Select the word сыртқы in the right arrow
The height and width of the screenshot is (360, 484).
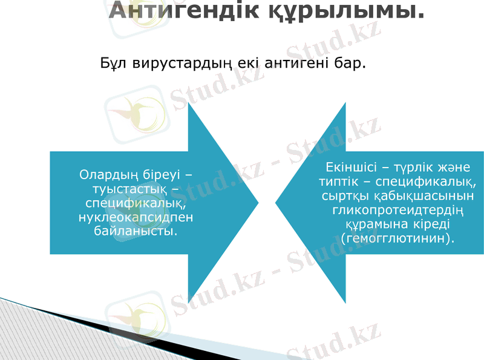(x=343, y=196)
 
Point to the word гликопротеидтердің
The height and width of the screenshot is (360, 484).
(x=397, y=210)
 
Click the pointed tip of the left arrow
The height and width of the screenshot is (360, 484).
(x=258, y=201)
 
